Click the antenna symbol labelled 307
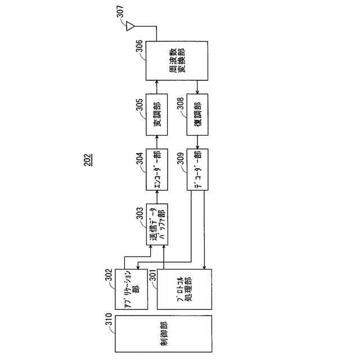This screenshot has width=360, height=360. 130,25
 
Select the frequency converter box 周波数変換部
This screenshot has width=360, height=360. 177,61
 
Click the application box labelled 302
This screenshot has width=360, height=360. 131,288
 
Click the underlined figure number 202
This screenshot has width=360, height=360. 88,161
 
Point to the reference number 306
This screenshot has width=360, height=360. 139,51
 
